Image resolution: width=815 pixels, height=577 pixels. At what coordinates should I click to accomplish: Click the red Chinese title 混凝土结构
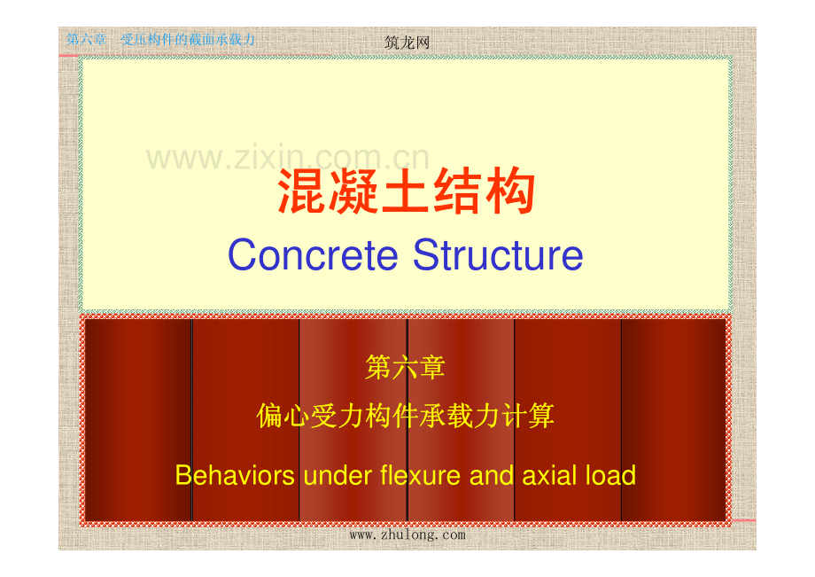click(407, 194)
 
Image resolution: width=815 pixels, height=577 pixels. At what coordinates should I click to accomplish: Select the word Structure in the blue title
click(497, 255)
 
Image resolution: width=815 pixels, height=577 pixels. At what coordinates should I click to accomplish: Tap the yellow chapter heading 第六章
click(405, 367)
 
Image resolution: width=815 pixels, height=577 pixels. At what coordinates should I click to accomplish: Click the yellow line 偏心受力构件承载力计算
click(405, 415)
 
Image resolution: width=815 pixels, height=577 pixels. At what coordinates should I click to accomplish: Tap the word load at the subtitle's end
click(609, 476)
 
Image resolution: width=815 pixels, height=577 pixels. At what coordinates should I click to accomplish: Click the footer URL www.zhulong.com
click(407, 534)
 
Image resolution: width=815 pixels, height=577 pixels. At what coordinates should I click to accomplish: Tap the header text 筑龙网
click(407, 42)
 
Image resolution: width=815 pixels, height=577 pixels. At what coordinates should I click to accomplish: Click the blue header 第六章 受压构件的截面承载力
click(161, 40)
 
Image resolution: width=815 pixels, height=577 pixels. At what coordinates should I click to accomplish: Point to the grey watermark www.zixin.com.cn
click(288, 158)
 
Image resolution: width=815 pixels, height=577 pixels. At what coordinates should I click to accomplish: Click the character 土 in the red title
click(407, 194)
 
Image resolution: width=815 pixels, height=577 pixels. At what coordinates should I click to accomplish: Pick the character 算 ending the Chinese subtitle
click(540, 415)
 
